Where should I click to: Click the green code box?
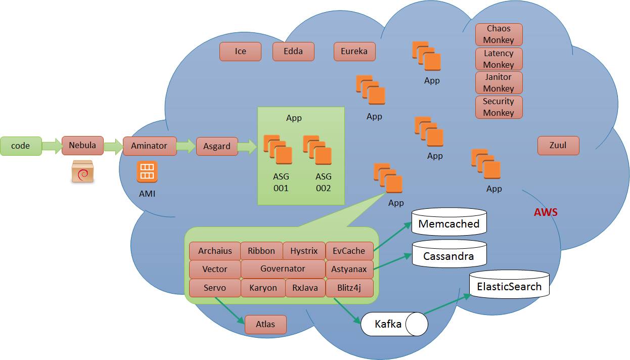click(x=21, y=146)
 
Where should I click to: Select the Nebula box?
click(x=82, y=146)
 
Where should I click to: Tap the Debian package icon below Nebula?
click(x=82, y=171)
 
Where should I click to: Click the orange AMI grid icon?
click(x=147, y=172)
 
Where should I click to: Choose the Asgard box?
click(x=217, y=146)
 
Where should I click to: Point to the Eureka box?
click(x=354, y=52)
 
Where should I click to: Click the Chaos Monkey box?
click(x=499, y=34)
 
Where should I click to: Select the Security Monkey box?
click(x=499, y=107)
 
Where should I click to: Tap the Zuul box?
click(x=558, y=146)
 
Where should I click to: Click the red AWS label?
click(x=546, y=212)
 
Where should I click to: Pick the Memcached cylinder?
click(x=449, y=222)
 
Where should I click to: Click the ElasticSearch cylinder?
click(x=509, y=285)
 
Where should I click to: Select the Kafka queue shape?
click(x=394, y=324)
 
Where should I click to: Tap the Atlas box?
click(x=265, y=325)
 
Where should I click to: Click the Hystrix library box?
click(x=304, y=251)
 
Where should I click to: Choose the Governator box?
click(x=283, y=269)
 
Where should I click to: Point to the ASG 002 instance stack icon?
click(x=318, y=150)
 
